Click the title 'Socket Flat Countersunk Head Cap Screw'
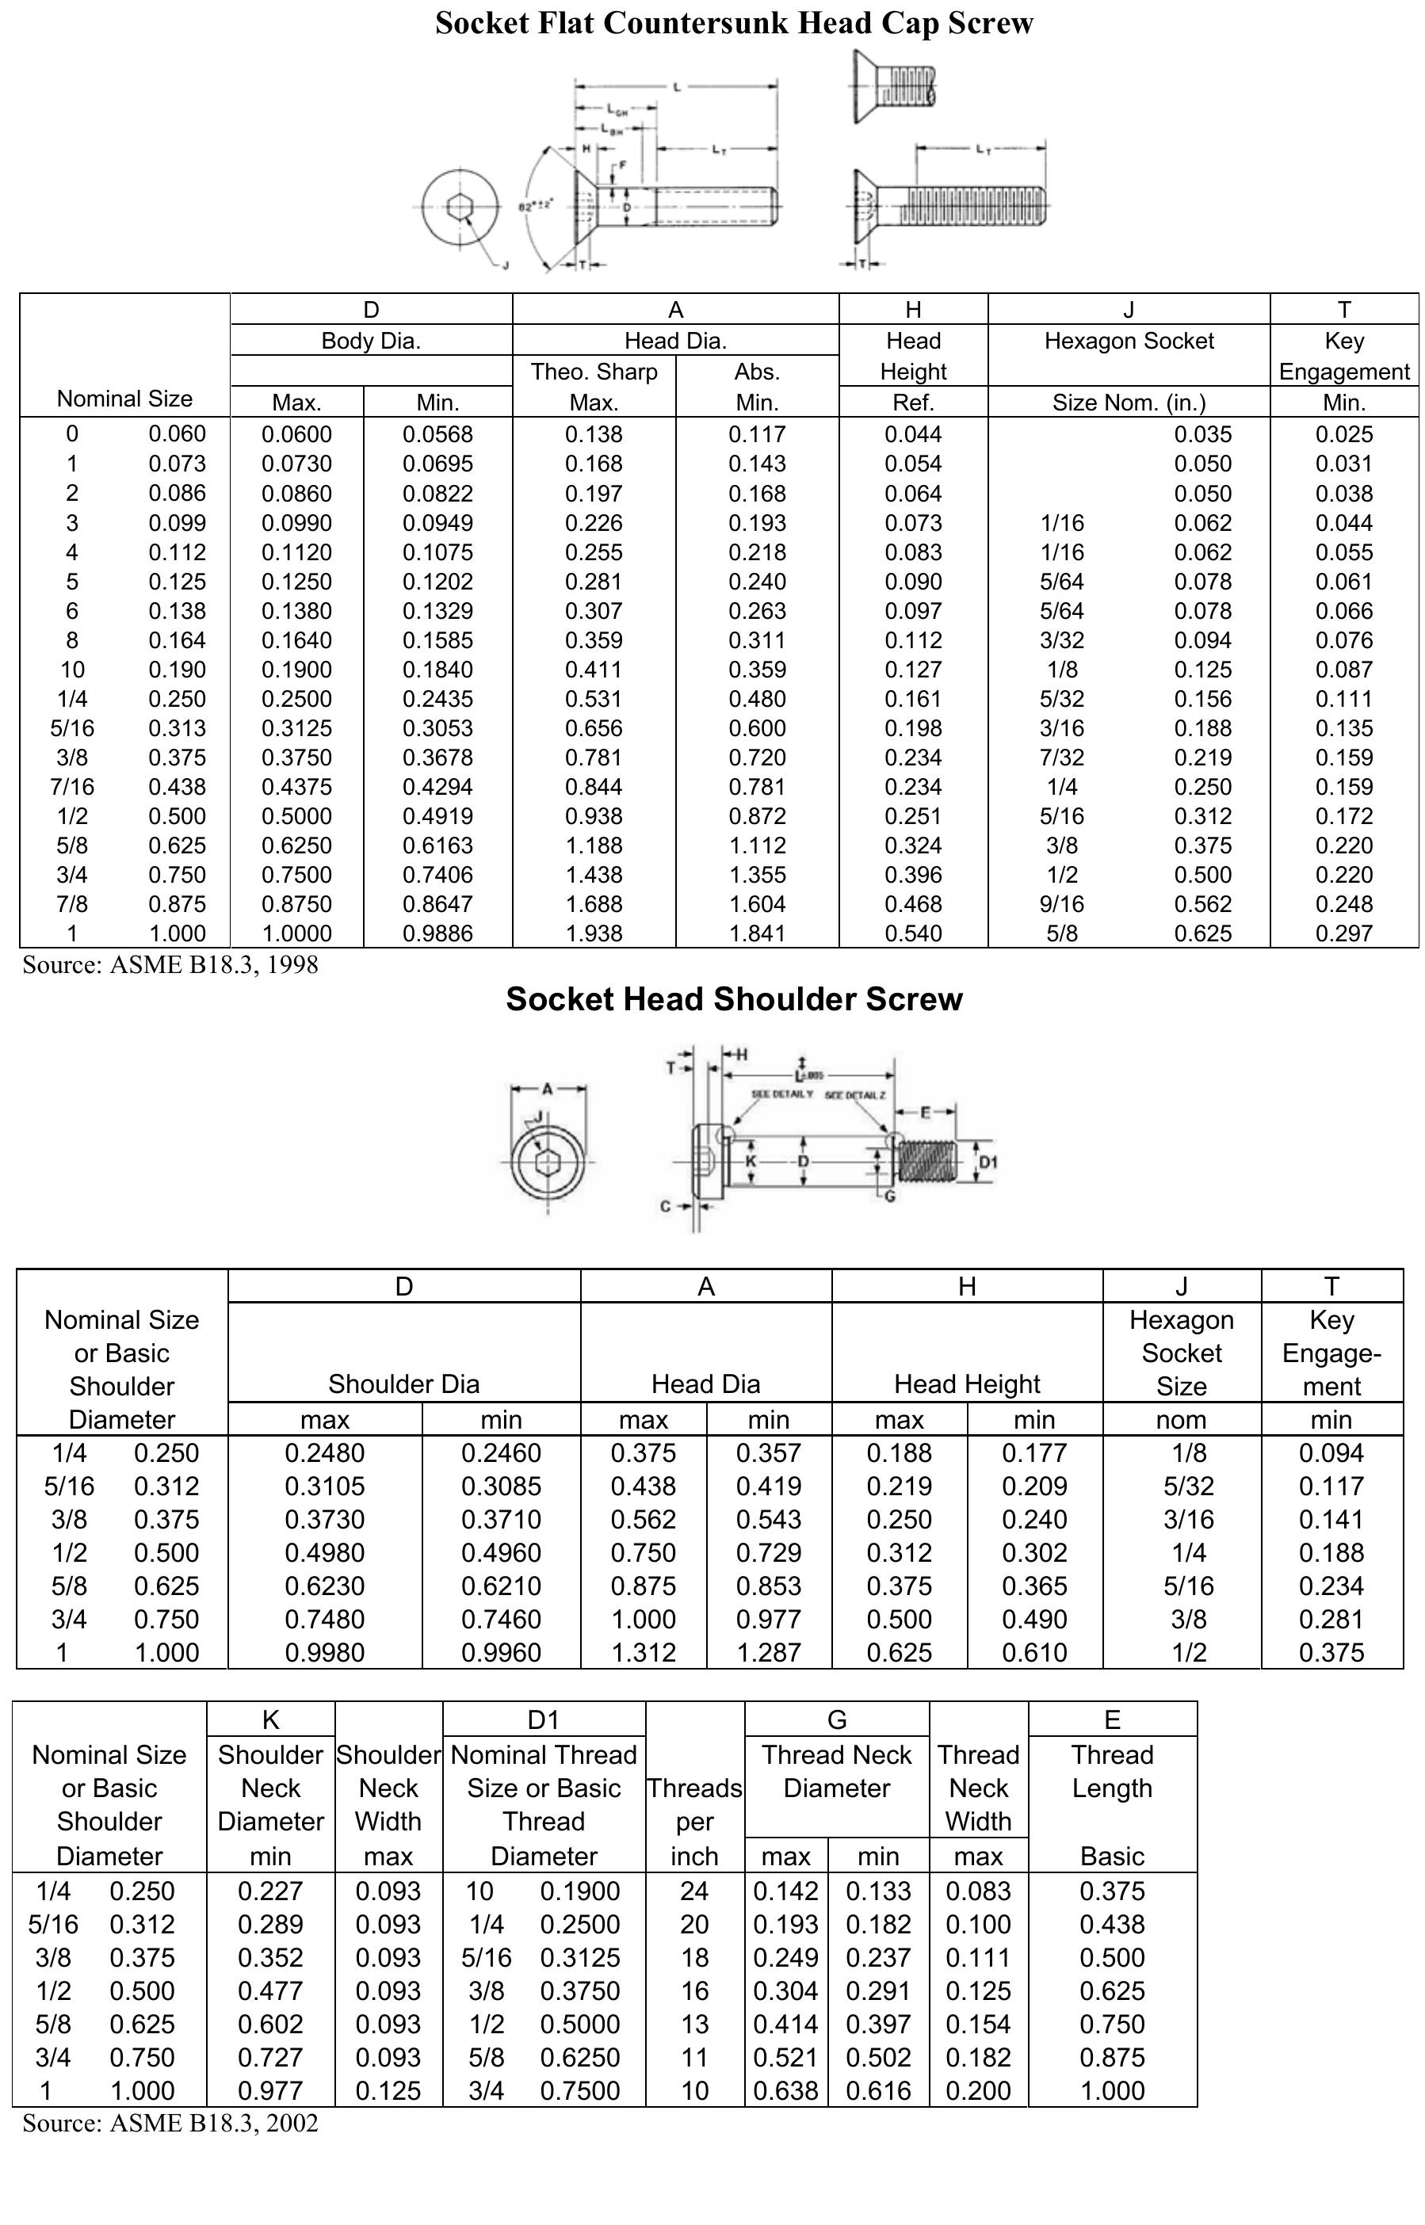[x=734, y=23]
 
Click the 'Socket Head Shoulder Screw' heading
[x=734, y=999]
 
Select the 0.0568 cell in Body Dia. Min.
[x=437, y=434]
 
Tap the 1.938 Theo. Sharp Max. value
[x=594, y=933]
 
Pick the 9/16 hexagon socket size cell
[x=1061, y=904]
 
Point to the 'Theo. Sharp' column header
[x=594, y=372]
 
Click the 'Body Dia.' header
[x=371, y=341]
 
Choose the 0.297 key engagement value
[x=1343, y=933]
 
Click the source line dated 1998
[x=170, y=965]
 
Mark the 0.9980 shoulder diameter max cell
[x=325, y=1652]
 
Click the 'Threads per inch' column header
[x=694, y=1822]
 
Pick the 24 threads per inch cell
[x=694, y=1891]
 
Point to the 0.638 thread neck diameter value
[x=785, y=2091]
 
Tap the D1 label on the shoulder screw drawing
[x=988, y=1163]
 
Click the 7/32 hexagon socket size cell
[x=1061, y=758]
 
